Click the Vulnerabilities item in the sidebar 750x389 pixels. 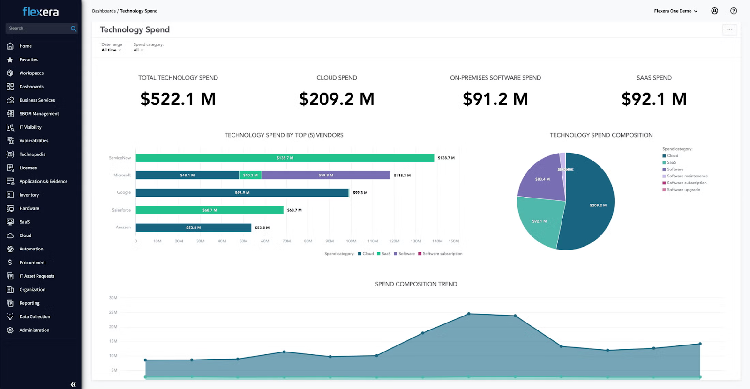click(33, 141)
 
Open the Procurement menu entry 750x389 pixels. click(32, 263)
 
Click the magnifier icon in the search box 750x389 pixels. click(73, 29)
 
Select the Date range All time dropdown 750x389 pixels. click(111, 50)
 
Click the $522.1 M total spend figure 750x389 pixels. click(178, 99)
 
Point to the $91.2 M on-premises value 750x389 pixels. click(495, 99)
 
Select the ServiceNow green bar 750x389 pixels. click(285, 158)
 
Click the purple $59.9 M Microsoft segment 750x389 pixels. click(326, 176)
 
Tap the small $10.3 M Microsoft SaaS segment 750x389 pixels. click(250, 176)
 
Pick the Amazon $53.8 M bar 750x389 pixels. click(193, 228)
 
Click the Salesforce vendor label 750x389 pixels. click(121, 210)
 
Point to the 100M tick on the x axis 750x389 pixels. click(351, 242)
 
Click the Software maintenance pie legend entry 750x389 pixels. click(687, 176)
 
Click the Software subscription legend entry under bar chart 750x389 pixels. click(442, 254)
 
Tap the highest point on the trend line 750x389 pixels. click(469, 314)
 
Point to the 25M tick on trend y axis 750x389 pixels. click(113, 312)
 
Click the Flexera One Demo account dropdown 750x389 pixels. click(675, 11)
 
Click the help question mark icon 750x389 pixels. click(733, 11)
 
